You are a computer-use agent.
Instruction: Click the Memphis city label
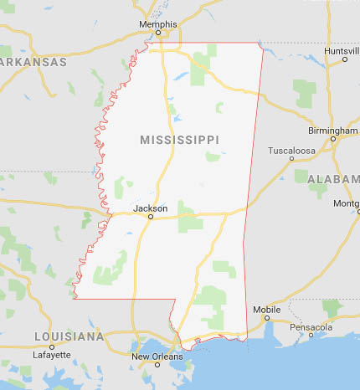(x=157, y=25)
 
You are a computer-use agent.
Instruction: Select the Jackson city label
(x=150, y=208)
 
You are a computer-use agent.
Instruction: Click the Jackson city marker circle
(x=151, y=217)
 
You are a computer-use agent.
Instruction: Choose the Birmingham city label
(x=332, y=131)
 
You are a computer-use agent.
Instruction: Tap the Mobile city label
(x=266, y=310)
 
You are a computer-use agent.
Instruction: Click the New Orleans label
(x=157, y=356)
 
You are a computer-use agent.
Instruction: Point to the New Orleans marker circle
(x=157, y=364)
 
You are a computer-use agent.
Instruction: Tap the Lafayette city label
(x=52, y=355)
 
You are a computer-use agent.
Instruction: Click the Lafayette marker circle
(x=52, y=346)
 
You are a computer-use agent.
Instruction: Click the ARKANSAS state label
(x=33, y=62)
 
